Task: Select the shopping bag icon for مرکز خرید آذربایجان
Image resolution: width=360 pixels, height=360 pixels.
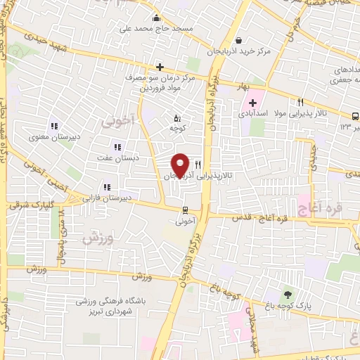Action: pyautogui.click(x=239, y=40)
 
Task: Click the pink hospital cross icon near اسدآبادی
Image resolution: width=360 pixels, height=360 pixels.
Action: pyautogui.click(x=252, y=103)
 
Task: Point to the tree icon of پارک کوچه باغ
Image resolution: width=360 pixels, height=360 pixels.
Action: pyautogui.click(x=287, y=295)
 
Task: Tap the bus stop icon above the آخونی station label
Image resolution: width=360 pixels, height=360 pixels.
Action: pyautogui.click(x=185, y=210)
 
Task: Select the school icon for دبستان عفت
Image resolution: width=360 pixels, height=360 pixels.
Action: pyautogui.click(x=117, y=147)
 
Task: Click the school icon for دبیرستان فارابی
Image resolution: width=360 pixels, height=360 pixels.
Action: pyautogui.click(x=106, y=187)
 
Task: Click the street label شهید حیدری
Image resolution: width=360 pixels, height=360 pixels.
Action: pyautogui.click(x=37, y=37)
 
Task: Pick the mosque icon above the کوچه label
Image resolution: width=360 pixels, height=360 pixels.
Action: pyautogui.click(x=176, y=118)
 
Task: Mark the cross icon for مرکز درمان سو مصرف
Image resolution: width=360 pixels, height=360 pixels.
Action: pyautogui.click(x=160, y=67)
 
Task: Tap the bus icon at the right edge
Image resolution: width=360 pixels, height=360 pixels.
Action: pyautogui.click(x=355, y=116)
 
